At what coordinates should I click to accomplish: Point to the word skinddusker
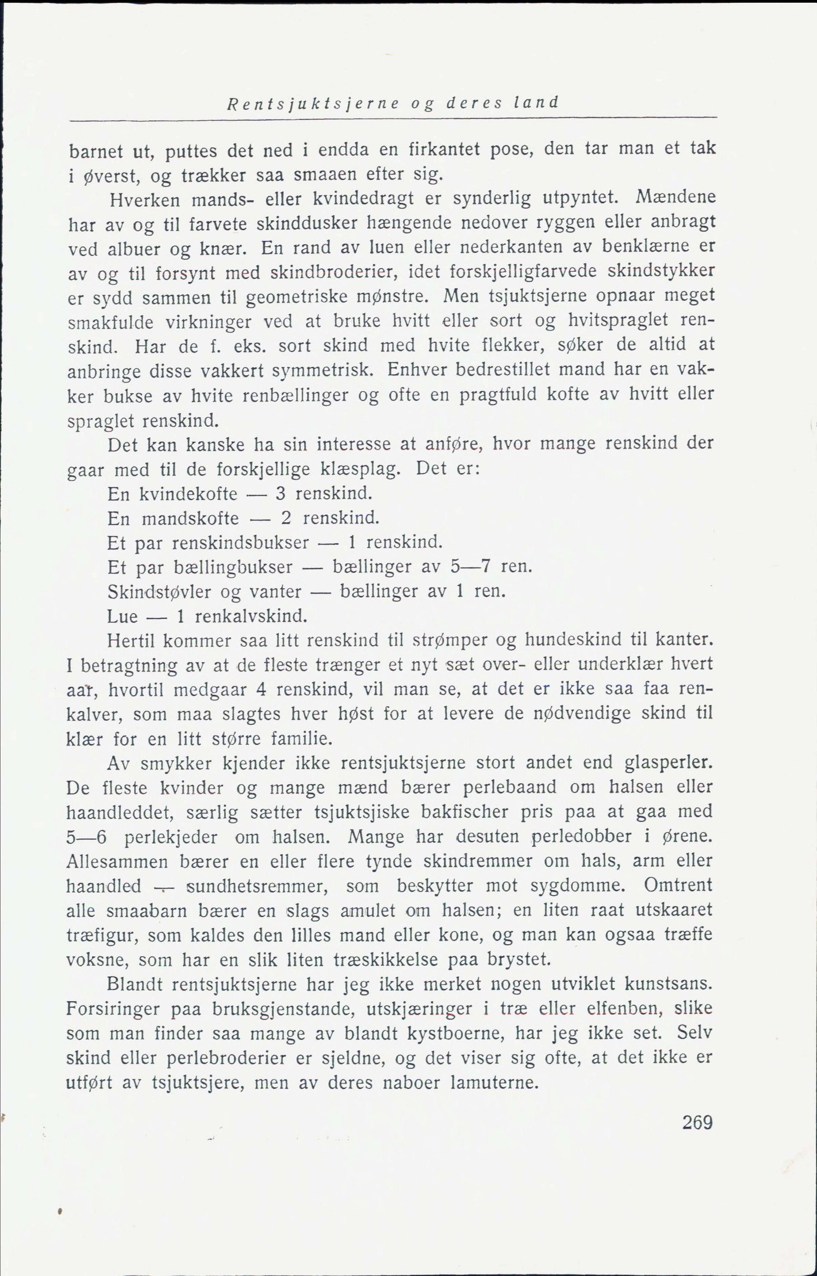(x=306, y=223)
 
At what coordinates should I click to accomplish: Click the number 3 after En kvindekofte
(x=281, y=494)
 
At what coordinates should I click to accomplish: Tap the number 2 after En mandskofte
(x=286, y=518)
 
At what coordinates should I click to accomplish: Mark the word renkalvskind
(x=251, y=616)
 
